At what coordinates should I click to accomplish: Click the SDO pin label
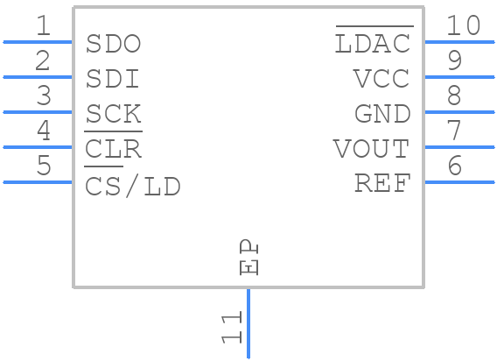[x=114, y=44]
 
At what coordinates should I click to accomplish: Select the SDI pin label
[x=114, y=79]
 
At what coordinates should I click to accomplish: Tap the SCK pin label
[x=114, y=114]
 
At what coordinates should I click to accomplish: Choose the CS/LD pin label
[x=133, y=186]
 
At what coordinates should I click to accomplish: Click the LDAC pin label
[x=373, y=43]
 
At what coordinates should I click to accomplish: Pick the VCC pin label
[x=381, y=79]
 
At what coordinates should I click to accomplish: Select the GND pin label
[x=382, y=114]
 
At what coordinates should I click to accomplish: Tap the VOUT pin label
[x=371, y=149]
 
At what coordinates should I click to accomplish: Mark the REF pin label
[x=382, y=184]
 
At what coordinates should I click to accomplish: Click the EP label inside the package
[x=249, y=258]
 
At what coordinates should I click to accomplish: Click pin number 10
[x=463, y=26]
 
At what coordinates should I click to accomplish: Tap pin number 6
[x=454, y=166]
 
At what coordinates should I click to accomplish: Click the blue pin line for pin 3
[x=38, y=112]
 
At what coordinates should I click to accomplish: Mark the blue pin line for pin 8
[x=459, y=112]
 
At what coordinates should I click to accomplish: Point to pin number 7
[x=454, y=131]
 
